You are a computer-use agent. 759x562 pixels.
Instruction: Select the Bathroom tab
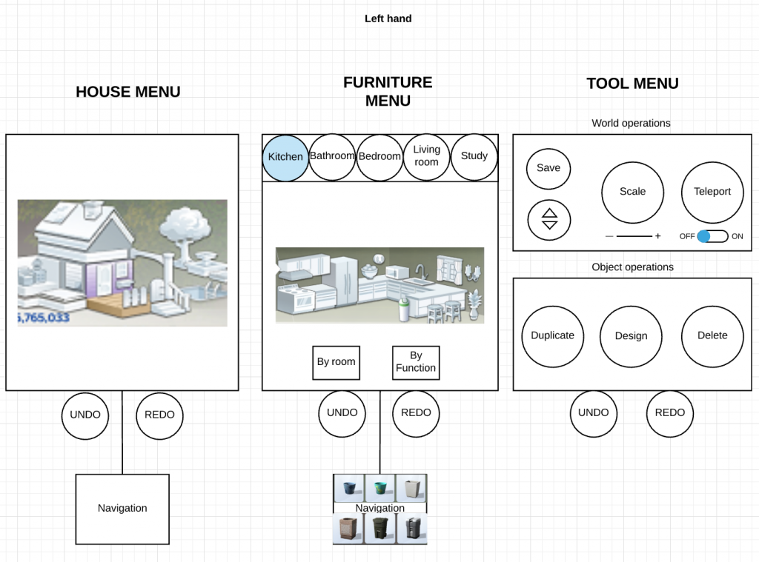[x=332, y=157]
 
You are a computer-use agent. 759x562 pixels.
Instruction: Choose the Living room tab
[x=426, y=157]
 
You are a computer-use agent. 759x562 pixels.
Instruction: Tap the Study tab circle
[x=474, y=157]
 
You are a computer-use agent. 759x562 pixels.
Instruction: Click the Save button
[x=548, y=168]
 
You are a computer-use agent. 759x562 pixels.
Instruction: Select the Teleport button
[x=712, y=192]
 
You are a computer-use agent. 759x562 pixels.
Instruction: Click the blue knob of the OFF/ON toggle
[x=704, y=236]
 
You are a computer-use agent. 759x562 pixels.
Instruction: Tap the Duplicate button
[x=552, y=336]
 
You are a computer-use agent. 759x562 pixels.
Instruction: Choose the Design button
[x=631, y=336]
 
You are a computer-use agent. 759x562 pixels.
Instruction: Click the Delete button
[x=712, y=336]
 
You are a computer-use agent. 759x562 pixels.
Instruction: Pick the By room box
[x=336, y=363]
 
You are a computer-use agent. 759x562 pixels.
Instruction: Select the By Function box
[x=416, y=363]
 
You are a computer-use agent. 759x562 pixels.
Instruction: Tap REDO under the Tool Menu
[x=670, y=413]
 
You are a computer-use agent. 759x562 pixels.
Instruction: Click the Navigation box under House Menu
[x=122, y=509]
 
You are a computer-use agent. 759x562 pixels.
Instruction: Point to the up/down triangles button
[x=549, y=220]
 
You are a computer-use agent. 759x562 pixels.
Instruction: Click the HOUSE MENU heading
[x=128, y=92]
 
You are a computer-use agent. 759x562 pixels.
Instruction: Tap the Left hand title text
[x=388, y=19]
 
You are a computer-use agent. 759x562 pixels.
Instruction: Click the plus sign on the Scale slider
[x=658, y=236]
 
